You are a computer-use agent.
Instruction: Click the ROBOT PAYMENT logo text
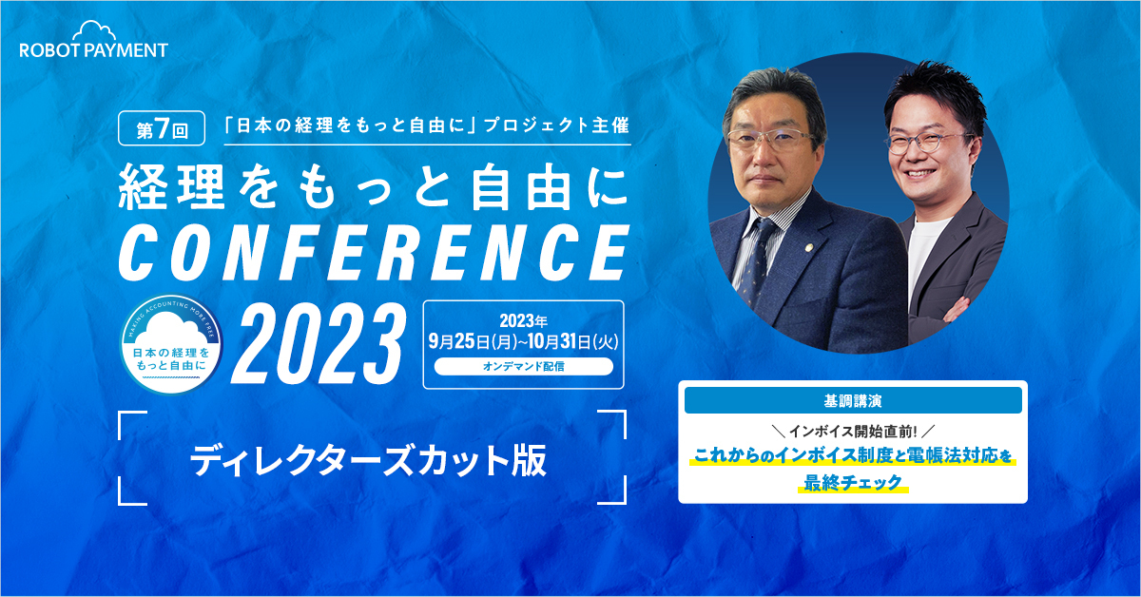click(x=94, y=50)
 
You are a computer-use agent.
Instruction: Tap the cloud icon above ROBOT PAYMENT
click(x=94, y=29)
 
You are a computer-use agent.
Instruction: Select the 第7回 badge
click(x=162, y=128)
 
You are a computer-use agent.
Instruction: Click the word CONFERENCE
click(x=375, y=253)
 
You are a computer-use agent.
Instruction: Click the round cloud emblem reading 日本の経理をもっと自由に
click(x=171, y=345)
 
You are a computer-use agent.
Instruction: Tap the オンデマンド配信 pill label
click(x=524, y=366)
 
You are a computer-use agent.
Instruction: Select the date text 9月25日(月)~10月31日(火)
click(x=524, y=341)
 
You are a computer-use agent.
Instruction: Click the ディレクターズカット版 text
click(x=368, y=460)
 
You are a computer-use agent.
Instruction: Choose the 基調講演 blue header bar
click(x=853, y=401)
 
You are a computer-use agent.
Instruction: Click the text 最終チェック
click(x=853, y=482)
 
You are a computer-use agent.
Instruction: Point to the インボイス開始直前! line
click(x=853, y=432)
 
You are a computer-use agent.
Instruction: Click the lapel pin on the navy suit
click(x=806, y=249)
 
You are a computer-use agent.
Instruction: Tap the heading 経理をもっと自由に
click(x=375, y=188)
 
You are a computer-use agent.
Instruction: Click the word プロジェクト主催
click(x=557, y=125)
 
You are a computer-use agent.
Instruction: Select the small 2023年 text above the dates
click(x=524, y=321)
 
